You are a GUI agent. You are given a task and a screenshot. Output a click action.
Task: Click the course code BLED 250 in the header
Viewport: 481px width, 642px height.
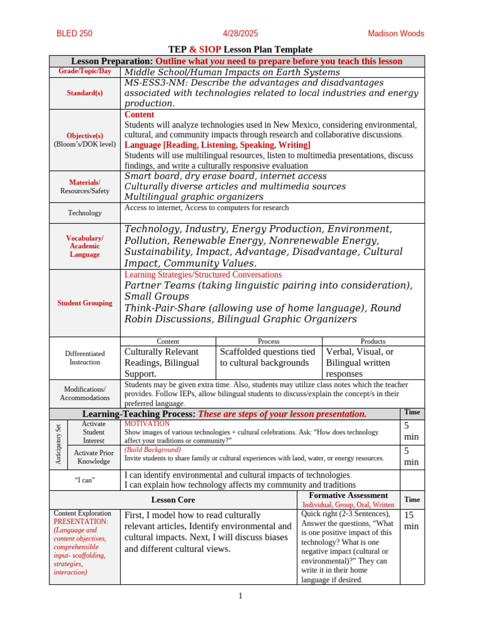click(x=75, y=34)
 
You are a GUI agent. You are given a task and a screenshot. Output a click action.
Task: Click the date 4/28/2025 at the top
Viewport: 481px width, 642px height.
click(x=240, y=34)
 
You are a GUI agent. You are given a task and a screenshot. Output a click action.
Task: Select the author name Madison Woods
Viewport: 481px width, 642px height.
click(x=395, y=34)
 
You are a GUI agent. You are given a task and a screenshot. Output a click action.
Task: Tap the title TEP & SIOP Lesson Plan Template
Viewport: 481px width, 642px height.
click(x=240, y=50)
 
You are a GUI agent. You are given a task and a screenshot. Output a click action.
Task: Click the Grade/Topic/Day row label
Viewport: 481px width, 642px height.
click(x=85, y=71)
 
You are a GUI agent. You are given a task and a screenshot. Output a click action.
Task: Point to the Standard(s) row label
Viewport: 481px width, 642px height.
click(x=85, y=93)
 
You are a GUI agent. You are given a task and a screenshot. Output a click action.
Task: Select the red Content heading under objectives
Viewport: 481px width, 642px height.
click(x=139, y=115)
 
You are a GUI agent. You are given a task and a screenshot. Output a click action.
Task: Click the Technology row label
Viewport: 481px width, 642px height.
click(x=85, y=213)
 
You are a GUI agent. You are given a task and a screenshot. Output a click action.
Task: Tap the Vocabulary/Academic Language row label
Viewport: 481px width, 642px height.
click(x=85, y=246)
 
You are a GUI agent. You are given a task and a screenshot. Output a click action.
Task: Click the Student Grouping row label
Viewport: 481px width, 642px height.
click(x=85, y=303)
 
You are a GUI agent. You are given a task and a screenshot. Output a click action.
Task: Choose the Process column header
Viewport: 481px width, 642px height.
click(x=268, y=341)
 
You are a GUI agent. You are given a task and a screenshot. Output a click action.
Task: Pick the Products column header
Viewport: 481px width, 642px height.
click(x=373, y=341)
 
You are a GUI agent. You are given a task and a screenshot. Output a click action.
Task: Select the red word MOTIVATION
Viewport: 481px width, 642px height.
click(x=147, y=424)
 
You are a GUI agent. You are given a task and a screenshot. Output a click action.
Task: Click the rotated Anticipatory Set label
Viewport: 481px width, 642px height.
click(x=58, y=444)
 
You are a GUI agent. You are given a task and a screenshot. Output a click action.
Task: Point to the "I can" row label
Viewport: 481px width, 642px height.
click(x=85, y=480)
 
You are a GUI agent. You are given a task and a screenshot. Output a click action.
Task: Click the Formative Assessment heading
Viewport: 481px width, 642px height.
click(x=348, y=495)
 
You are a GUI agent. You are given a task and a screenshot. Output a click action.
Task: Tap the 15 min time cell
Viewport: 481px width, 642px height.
click(x=411, y=520)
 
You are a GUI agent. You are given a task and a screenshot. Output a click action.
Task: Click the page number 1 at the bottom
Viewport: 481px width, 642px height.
click(x=240, y=596)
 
